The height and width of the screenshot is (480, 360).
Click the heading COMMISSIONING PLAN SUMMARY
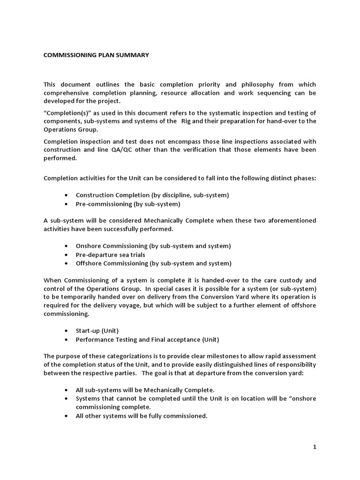tap(96, 55)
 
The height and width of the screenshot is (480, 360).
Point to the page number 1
tap(315, 447)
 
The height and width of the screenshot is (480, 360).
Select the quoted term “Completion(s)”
tap(63, 112)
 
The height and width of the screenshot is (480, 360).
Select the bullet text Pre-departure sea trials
tap(110, 255)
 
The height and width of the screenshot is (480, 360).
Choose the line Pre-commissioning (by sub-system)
tap(127, 204)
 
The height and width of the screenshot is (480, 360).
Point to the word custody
tap(291, 280)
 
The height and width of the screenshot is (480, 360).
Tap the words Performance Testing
tap(102, 339)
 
